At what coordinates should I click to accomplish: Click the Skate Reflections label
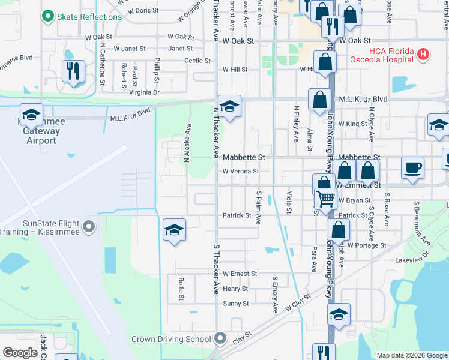[88, 17]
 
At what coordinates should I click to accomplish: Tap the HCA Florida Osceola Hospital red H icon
[424, 55]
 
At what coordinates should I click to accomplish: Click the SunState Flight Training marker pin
[89, 227]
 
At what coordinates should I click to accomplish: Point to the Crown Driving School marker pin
[220, 339]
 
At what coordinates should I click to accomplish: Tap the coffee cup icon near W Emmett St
[412, 167]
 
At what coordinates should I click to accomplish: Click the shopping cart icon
[325, 199]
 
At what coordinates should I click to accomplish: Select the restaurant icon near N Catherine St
[73, 71]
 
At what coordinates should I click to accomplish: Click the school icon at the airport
[31, 114]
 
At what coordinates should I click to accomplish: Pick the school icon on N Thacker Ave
[229, 106]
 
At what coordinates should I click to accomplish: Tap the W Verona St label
[240, 171]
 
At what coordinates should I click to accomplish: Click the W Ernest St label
[240, 274]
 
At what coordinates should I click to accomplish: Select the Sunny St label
[235, 304]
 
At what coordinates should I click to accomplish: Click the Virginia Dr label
[144, 92]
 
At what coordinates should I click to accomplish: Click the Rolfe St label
[181, 289]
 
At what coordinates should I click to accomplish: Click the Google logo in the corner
[20, 353]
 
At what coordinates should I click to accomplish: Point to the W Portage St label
[366, 245]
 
